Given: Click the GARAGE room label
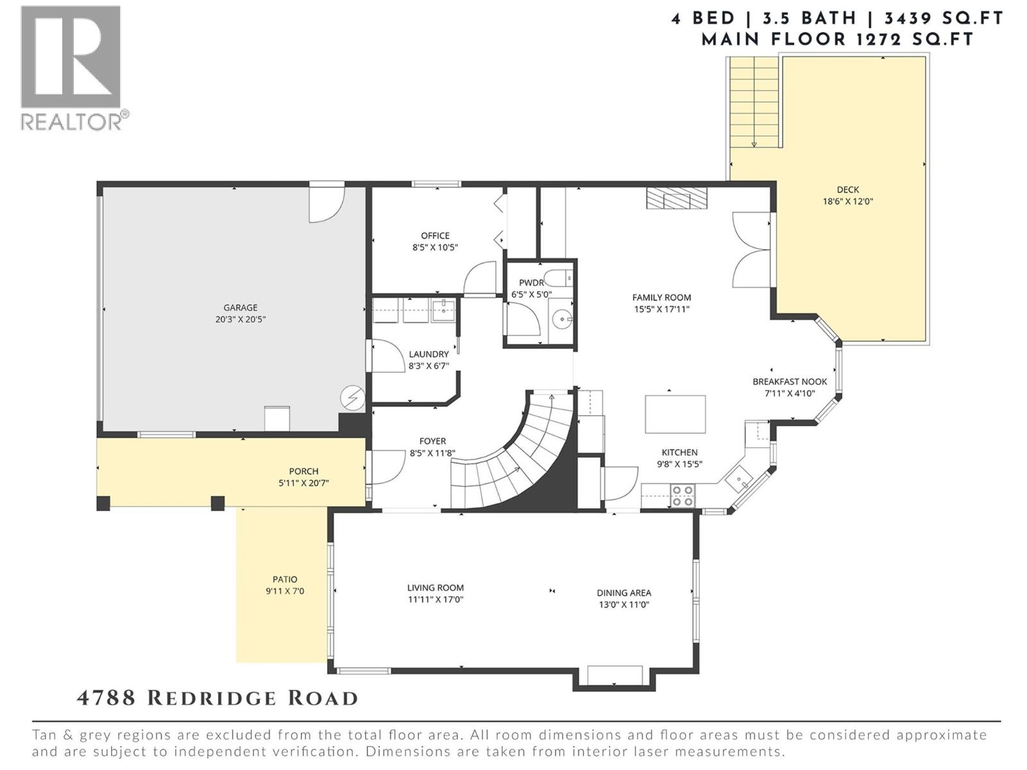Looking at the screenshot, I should [x=240, y=307].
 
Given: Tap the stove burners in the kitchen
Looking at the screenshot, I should [x=682, y=495].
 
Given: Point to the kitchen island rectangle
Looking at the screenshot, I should [x=675, y=415].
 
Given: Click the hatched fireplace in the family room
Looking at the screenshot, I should [x=676, y=198].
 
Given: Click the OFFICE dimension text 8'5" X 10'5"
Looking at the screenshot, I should [x=435, y=247].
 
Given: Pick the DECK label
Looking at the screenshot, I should [x=847, y=189].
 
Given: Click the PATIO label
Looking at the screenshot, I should [x=284, y=579].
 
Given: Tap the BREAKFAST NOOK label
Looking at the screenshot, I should [x=790, y=381].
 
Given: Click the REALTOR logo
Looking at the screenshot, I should [x=71, y=67].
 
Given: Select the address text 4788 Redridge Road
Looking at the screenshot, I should [x=217, y=698].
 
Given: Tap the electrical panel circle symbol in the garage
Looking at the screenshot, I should [x=352, y=398].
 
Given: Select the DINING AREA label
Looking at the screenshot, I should [x=623, y=593].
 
